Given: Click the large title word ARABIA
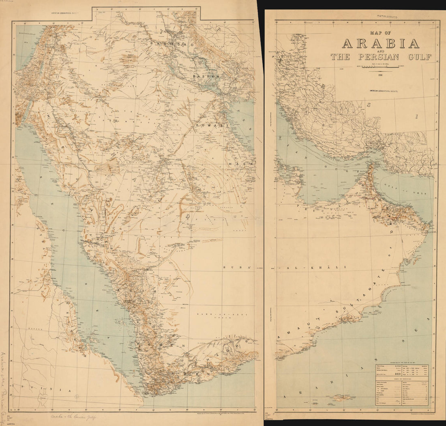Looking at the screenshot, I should pyautogui.click(x=380, y=43).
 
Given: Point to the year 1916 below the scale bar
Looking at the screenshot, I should pyautogui.click(x=380, y=74).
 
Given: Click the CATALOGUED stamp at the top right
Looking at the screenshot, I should pyautogui.click(x=386, y=17).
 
